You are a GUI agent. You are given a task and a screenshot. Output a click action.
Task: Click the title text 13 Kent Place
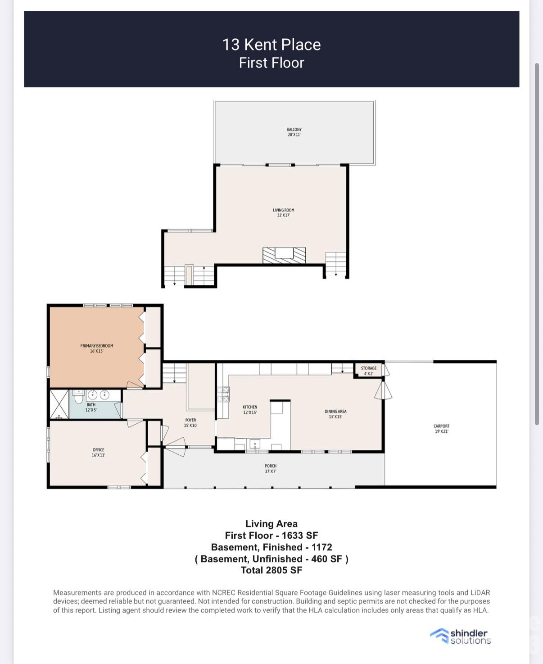point(271,45)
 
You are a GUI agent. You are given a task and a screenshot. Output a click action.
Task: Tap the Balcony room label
point(294,132)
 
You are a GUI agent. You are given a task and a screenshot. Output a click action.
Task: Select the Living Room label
point(283,213)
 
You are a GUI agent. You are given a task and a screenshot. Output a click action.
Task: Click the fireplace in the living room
point(284,255)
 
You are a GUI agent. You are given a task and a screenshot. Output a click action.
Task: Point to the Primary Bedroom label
point(97,348)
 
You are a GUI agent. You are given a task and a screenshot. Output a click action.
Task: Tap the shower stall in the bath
point(59,404)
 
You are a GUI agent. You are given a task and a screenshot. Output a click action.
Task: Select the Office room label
point(98,453)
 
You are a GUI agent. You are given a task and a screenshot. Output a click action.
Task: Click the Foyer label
point(190,423)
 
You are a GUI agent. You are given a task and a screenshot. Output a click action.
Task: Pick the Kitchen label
point(250,410)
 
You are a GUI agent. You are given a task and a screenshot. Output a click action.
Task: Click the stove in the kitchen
point(224,394)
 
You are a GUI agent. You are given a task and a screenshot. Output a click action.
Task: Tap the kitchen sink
point(254,444)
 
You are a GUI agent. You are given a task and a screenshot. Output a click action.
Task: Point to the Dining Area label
point(335,414)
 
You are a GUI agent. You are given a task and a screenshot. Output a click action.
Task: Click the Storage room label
point(368,371)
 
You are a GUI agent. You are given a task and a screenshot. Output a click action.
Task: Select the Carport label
point(441,429)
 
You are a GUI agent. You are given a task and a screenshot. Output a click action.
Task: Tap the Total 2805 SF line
point(271,570)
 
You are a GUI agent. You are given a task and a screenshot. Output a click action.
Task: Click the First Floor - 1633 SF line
point(271,536)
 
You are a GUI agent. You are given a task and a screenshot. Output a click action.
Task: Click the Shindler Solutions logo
point(461,636)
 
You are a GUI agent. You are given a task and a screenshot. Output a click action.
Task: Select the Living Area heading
point(271,524)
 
